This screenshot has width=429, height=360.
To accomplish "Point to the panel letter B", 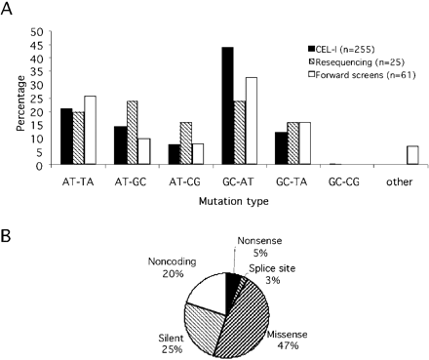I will [10, 238].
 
